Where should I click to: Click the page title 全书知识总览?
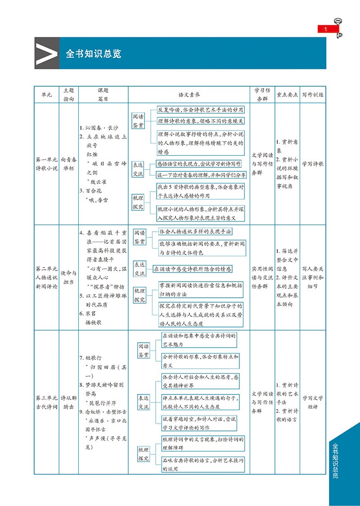[93, 54]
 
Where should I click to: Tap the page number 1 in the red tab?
[326, 30]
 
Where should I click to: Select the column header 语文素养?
[189, 95]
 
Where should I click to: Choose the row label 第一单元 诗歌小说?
[46, 164]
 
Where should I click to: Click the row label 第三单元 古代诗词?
[46, 402]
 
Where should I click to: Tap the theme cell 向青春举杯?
[68, 164]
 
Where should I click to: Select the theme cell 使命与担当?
[68, 278]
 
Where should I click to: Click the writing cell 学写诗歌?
[313, 164]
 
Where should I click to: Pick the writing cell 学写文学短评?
[313, 402]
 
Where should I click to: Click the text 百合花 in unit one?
[94, 191]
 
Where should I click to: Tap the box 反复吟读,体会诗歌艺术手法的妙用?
[201, 110]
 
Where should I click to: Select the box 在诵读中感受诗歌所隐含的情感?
[193, 269]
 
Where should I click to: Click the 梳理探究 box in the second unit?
[139, 295]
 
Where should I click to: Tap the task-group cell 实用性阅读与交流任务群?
[262, 278]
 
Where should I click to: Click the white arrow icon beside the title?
[47, 53]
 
